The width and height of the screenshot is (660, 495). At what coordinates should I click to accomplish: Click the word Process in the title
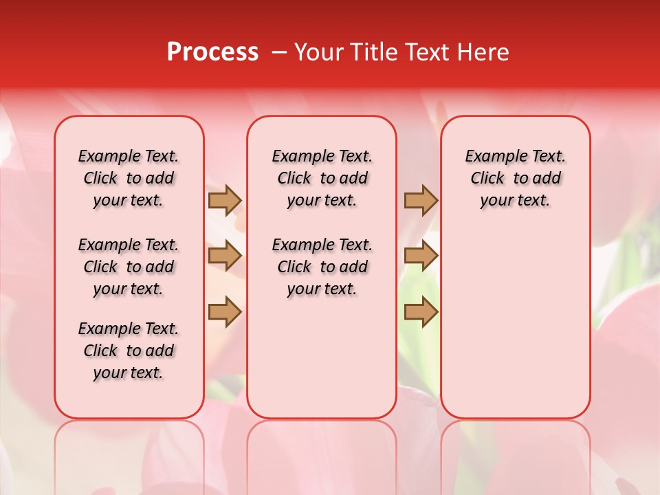[212, 52]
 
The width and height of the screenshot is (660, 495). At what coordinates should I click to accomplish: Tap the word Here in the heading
[484, 52]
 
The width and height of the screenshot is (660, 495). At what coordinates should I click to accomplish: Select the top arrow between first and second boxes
[224, 200]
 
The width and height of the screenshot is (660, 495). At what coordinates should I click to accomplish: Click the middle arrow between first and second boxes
[224, 256]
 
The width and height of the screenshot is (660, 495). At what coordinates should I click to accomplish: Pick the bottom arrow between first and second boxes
[224, 313]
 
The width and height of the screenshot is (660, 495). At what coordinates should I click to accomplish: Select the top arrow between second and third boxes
[421, 200]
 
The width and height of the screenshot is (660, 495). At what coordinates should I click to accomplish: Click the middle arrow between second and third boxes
[421, 256]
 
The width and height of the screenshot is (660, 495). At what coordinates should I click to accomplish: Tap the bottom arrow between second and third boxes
[421, 313]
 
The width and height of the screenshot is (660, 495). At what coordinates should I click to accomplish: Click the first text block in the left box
[129, 178]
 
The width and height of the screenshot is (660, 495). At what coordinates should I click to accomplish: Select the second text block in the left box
[129, 267]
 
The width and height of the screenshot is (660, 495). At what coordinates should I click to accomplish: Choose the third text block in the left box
[129, 351]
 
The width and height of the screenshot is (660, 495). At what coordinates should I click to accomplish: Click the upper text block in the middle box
[322, 178]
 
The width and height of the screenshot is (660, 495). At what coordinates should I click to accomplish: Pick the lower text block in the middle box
[322, 267]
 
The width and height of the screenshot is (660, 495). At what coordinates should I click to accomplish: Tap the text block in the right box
[515, 178]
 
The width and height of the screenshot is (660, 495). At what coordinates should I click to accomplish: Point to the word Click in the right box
[487, 178]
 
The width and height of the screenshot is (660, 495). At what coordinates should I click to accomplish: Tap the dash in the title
[279, 52]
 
